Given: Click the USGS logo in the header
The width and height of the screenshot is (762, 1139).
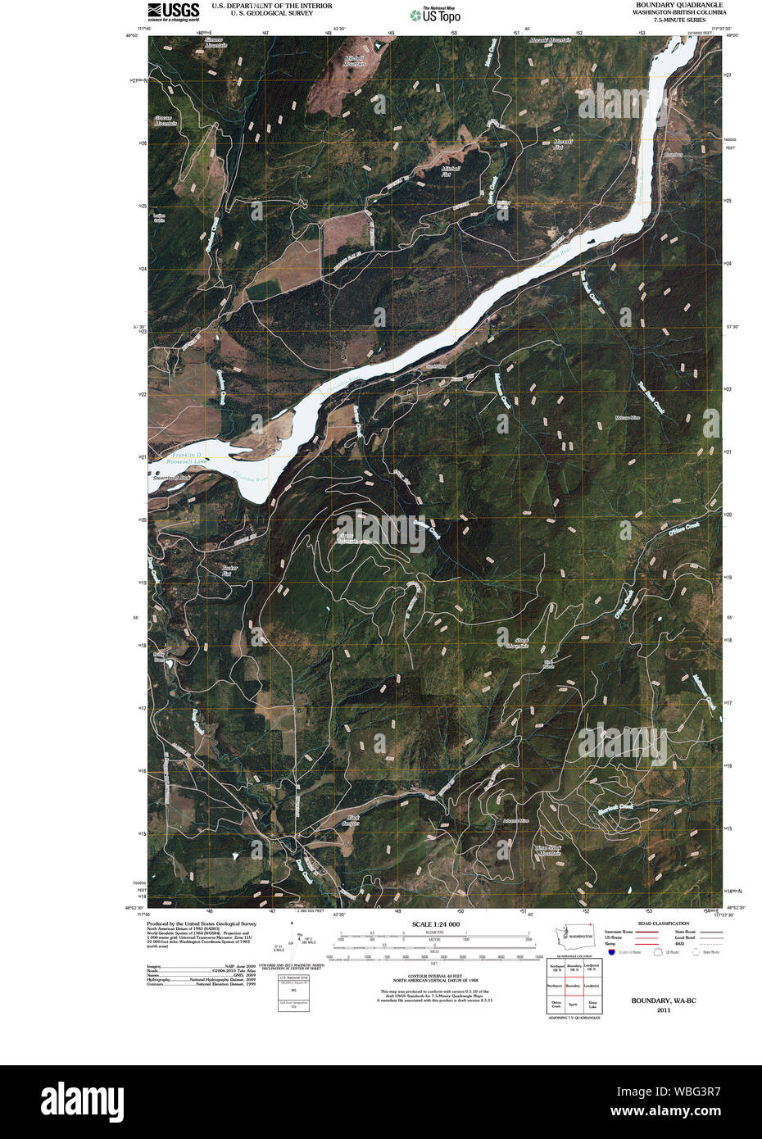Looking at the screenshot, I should pyautogui.click(x=173, y=10).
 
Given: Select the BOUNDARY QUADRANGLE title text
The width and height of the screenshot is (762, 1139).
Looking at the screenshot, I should pyautogui.click(x=679, y=5).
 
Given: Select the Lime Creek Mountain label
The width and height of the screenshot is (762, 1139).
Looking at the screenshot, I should pyautogui.click(x=548, y=851).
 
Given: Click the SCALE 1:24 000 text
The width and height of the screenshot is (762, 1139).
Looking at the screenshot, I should pyautogui.click(x=435, y=924).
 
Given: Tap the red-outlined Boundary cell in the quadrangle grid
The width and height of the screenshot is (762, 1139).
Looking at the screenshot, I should pyautogui.click(x=574, y=986).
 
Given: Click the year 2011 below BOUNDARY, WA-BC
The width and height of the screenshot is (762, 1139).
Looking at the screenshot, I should pyautogui.click(x=663, y=1010).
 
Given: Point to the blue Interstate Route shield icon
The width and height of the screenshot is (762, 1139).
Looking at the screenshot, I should pyautogui.click(x=611, y=952).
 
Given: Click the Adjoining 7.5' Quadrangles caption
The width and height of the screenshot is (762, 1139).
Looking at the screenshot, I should pyautogui.click(x=574, y=1018).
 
